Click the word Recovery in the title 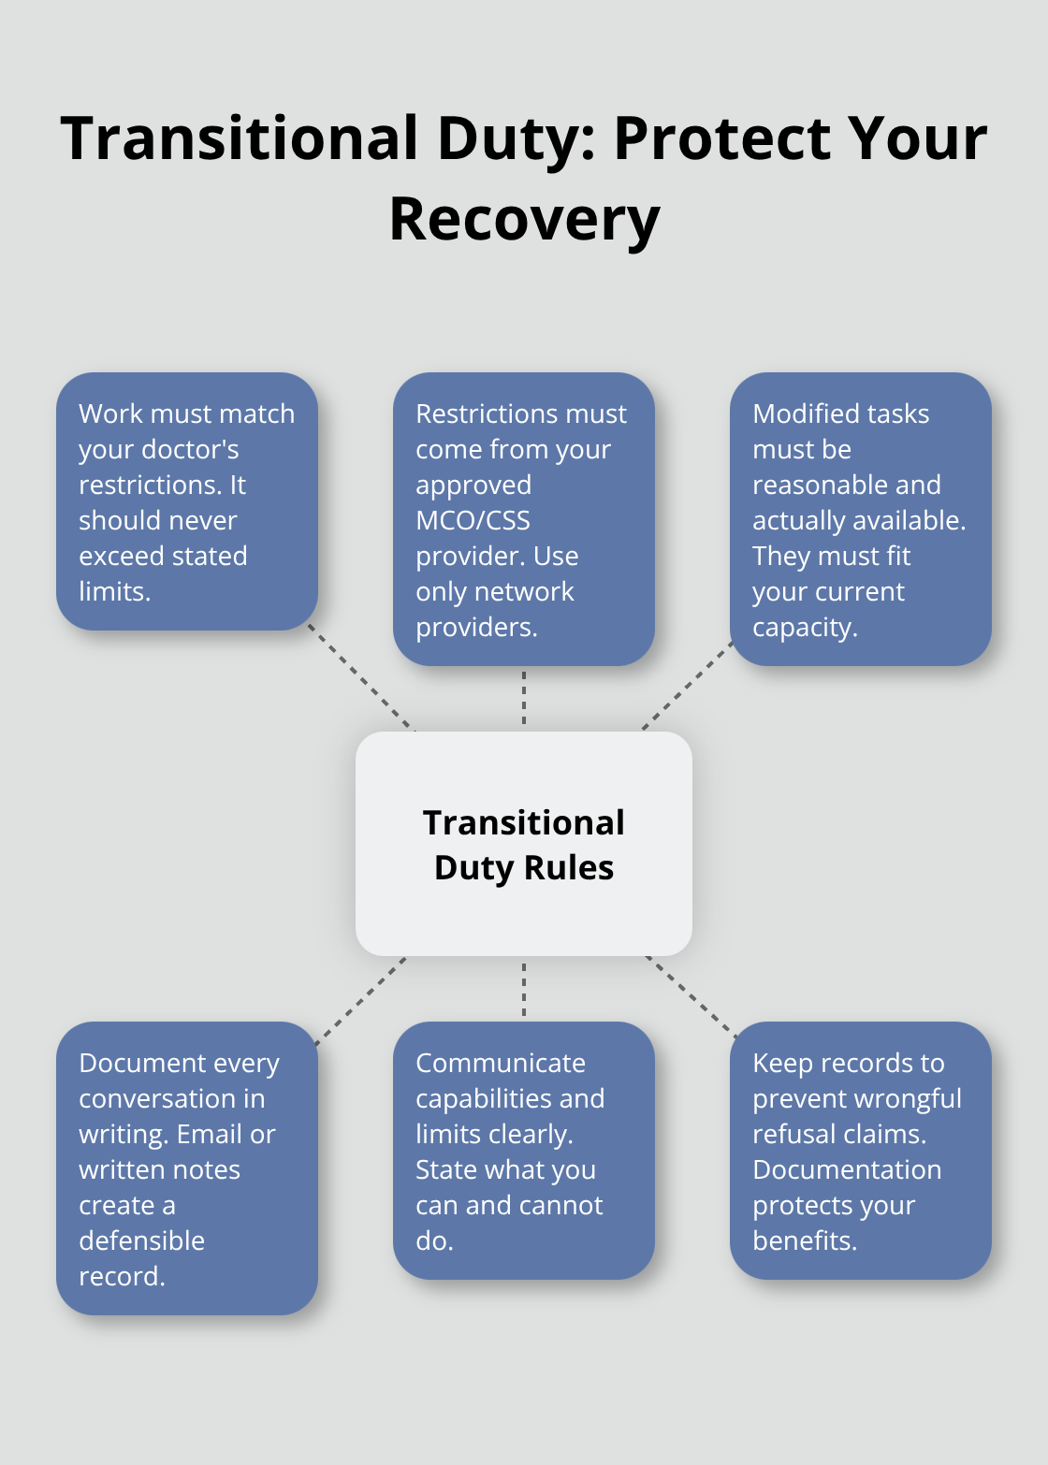click(524, 221)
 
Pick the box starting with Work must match click(187, 501)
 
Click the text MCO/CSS click(473, 520)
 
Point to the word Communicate click(501, 1063)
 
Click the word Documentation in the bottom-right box click(847, 1169)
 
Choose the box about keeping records click(860, 1151)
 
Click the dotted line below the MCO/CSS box click(524, 698)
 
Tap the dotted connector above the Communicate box click(524, 989)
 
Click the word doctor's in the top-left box click(158, 449)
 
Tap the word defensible click(141, 1240)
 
